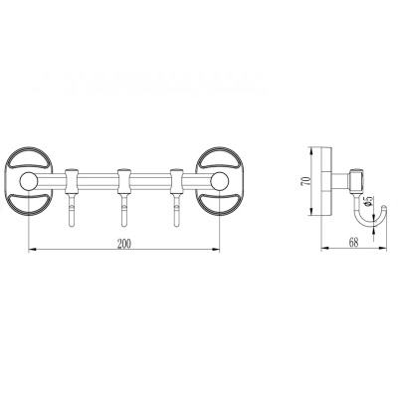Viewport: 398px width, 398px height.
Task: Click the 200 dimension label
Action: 124,244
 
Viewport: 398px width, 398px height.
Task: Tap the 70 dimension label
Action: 307,181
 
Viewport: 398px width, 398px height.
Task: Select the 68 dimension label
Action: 354,243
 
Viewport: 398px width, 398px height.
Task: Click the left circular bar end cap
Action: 29,181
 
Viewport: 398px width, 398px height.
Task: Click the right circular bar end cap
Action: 219,181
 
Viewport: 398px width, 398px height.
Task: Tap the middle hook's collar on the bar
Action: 123,181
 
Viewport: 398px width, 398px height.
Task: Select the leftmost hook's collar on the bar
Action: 71,181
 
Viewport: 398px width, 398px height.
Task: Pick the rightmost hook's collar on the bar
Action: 175,181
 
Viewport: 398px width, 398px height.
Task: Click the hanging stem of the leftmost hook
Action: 71,210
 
